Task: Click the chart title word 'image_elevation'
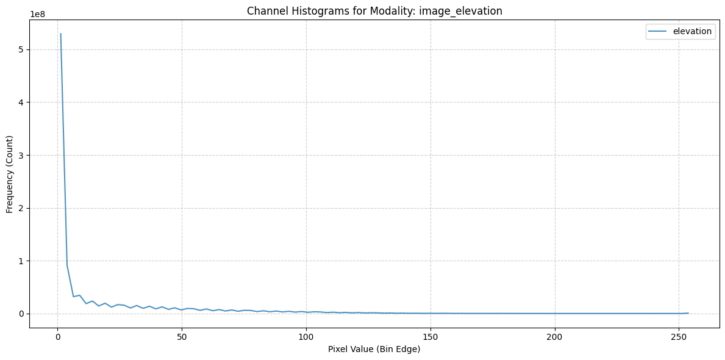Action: pyautogui.click(x=460, y=11)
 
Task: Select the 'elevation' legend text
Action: pyautogui.click(x=691, y=32)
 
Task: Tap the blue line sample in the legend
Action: pyautogui.click(x=659, y=32)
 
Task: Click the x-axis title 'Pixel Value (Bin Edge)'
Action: pyautogui.click(x=374, y=350)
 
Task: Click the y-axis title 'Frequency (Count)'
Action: pyautogui.click(x=10, y=174)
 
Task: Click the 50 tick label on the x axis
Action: pyautogui.click(x=182, y=335)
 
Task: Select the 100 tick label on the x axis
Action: pyautogui.click(x=306, y=335)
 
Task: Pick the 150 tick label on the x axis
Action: pyautogui.click(x=430, y=335)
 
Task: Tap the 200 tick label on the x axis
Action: pyautogui.click(x=555, y=335)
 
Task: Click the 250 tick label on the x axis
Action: pyautogui.click(x=679, y=335)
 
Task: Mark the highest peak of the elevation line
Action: pyautogui.click(x=60, y=34)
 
